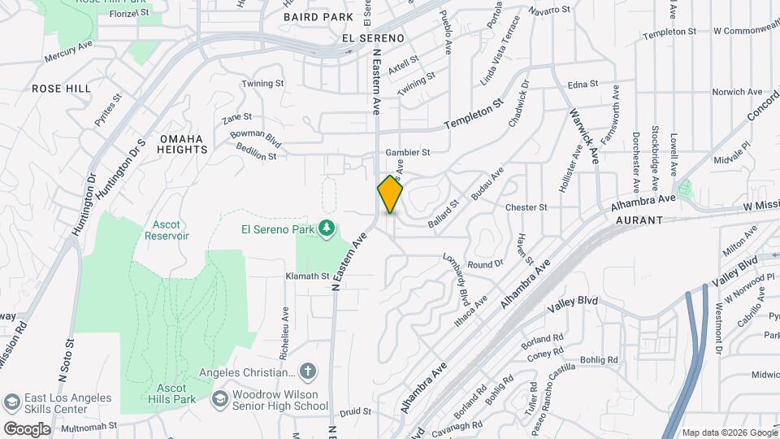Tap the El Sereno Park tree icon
tap(327, 228)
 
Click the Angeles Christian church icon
tap(307, 372)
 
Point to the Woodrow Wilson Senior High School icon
tap(219, 399)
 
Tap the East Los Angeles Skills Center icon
tap(11, 402)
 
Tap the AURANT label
tap(639, 220)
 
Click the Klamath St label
tap(306, 277)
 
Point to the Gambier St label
tap(407, 152)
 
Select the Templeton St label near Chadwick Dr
tap(475, 115)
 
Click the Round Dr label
tap(486, 264)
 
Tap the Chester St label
tap(526, 208)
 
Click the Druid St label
tap(356, 412)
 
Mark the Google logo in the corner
tap(27, 428)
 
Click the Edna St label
tap(583, 84)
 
